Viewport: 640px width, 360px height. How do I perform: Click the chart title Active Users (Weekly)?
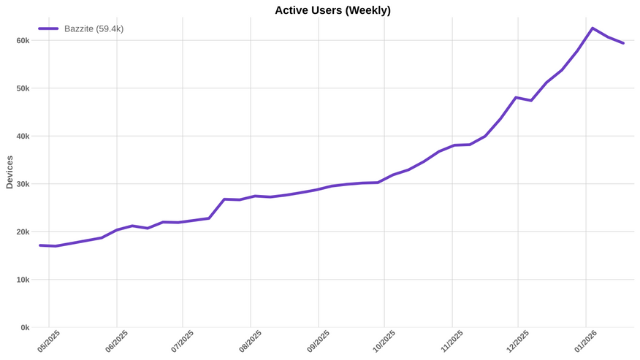[x=332, y=10]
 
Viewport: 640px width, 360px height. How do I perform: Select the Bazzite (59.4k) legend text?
[x=94, y=28]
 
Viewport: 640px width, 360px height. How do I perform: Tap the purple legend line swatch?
[x=48, y=28]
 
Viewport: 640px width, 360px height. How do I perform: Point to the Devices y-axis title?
[x=9, y=172]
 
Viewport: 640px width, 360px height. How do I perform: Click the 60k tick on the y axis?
[x=23, y=41]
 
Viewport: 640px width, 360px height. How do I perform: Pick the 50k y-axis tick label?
[x=23, y=88]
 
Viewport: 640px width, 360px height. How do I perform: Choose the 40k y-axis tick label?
[x=23, y=137]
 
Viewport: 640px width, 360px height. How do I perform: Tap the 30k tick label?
[x=23, y=184]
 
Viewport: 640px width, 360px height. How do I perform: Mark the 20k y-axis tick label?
[x=23, y=232]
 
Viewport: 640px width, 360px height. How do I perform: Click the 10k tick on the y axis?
[x=23, y=280]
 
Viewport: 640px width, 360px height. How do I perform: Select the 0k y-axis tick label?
[x=24, y=328]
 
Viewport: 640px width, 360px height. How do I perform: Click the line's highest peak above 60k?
[x=592, y=28]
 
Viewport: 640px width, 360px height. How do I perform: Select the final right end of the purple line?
[x=623, y=43]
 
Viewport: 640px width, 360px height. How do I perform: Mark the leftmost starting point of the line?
[x=39, y=245]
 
